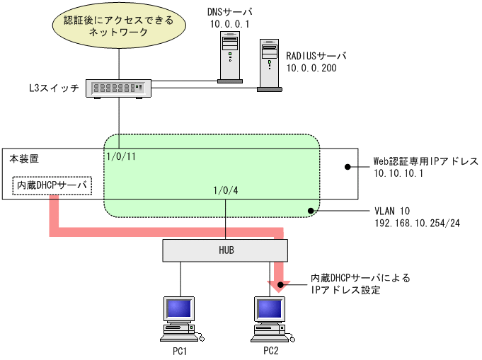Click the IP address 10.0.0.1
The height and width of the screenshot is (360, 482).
click(x=229, y=24)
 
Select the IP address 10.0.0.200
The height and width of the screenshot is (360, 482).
click(x=311, y=68)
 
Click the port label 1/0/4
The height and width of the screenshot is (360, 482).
click(x=225, y=190)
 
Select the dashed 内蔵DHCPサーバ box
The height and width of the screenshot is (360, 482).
click(x=52, y=186)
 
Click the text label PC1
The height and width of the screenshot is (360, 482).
click(x=179, y=351)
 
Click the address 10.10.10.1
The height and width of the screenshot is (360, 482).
click(x=398, y=173)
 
